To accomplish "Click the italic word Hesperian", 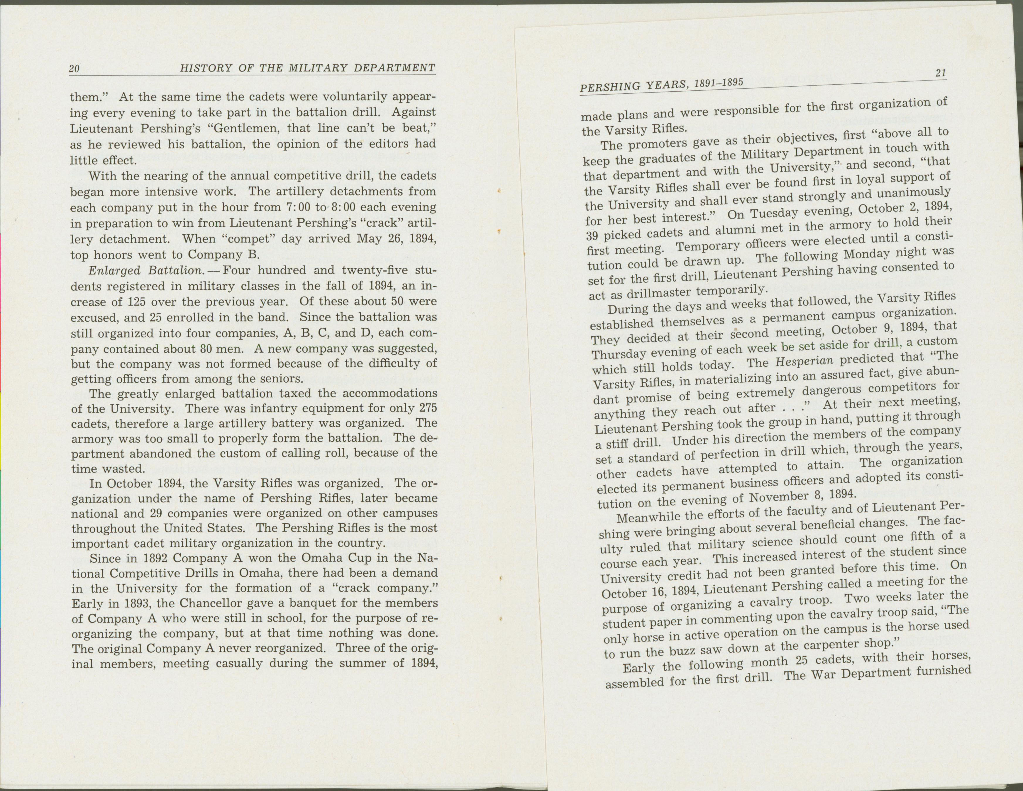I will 797,362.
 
